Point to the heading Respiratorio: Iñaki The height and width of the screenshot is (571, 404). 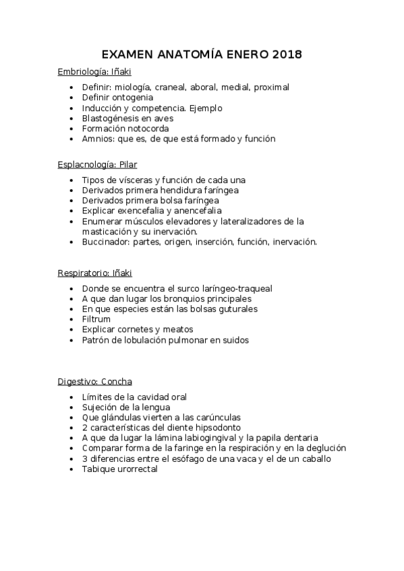tap(95, 273)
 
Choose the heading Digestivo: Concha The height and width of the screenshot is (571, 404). tap(94, 382)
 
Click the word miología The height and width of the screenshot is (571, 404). tap(132, 88)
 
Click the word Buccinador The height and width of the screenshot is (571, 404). tap(105, 241)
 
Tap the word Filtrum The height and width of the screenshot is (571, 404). tap(96, 319)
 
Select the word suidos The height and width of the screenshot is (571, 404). tap(233, 340)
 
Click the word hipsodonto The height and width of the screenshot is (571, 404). tap(217, 428)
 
